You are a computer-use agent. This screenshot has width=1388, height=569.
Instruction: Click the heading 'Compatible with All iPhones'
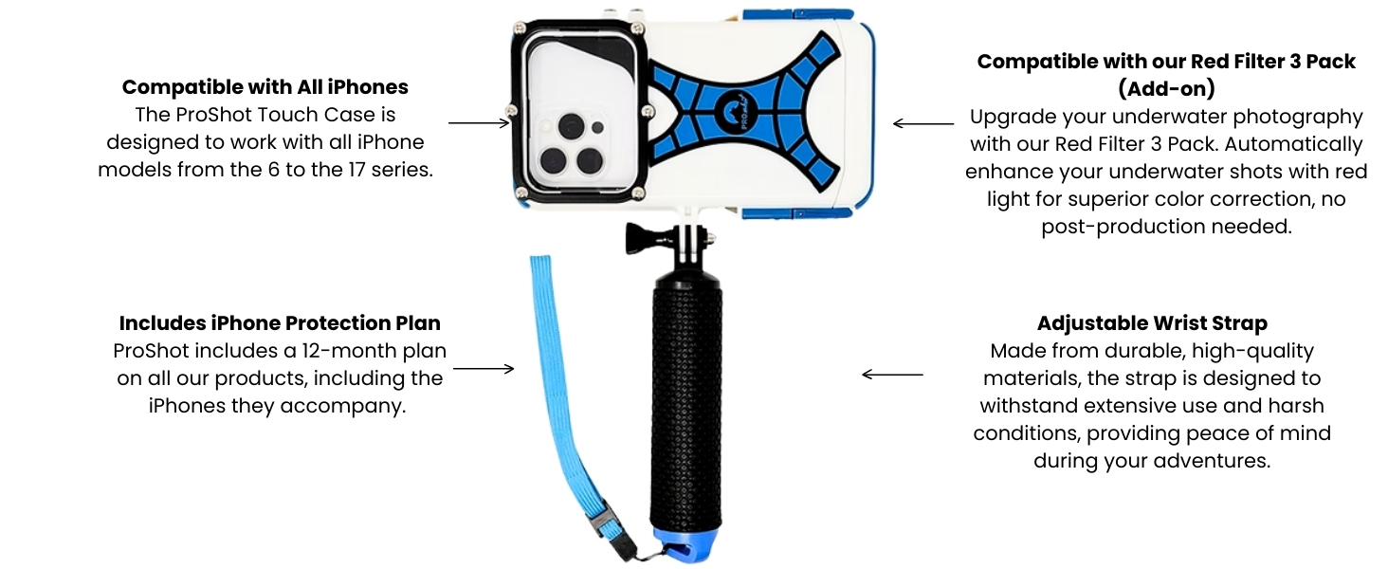(x=265, y=87)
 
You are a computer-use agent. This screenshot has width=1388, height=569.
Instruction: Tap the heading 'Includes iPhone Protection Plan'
(x=280, y=323)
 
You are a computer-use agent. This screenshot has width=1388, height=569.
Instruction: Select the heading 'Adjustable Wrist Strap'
(x=1152, y=323)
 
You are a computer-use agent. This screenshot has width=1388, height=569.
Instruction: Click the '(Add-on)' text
(x=1166, y=88)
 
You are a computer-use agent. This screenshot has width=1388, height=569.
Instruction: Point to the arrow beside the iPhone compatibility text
(x=479, y=122)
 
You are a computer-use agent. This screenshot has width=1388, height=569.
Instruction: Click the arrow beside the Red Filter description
(x=923, y=124)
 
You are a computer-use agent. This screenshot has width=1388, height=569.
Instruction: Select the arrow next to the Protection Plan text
(x=484, y=369)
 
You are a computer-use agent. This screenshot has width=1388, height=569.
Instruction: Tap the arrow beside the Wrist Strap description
(x=892, y=375)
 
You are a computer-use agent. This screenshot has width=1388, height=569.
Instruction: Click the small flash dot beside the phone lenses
(x=597, y=128)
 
